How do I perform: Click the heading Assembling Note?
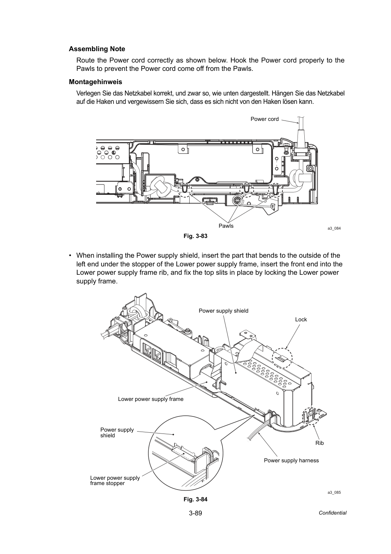point(97,49)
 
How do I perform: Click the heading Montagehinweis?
point(95,81)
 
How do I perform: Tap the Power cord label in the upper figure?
point(265,119)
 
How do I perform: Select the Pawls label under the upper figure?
point(226,226)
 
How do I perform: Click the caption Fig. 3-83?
point(195,236)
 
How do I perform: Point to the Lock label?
point(301,319)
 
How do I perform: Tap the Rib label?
point(319,443)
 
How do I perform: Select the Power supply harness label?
point(291,460)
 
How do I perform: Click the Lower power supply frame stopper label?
point(115,480)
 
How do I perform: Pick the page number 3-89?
point(195,513)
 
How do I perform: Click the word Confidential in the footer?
point(332,513)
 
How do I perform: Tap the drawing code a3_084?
point(334,228)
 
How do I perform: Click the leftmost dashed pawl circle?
point(178,190)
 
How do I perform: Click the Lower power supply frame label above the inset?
point(151,399)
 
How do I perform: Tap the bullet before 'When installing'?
point(70,255)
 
